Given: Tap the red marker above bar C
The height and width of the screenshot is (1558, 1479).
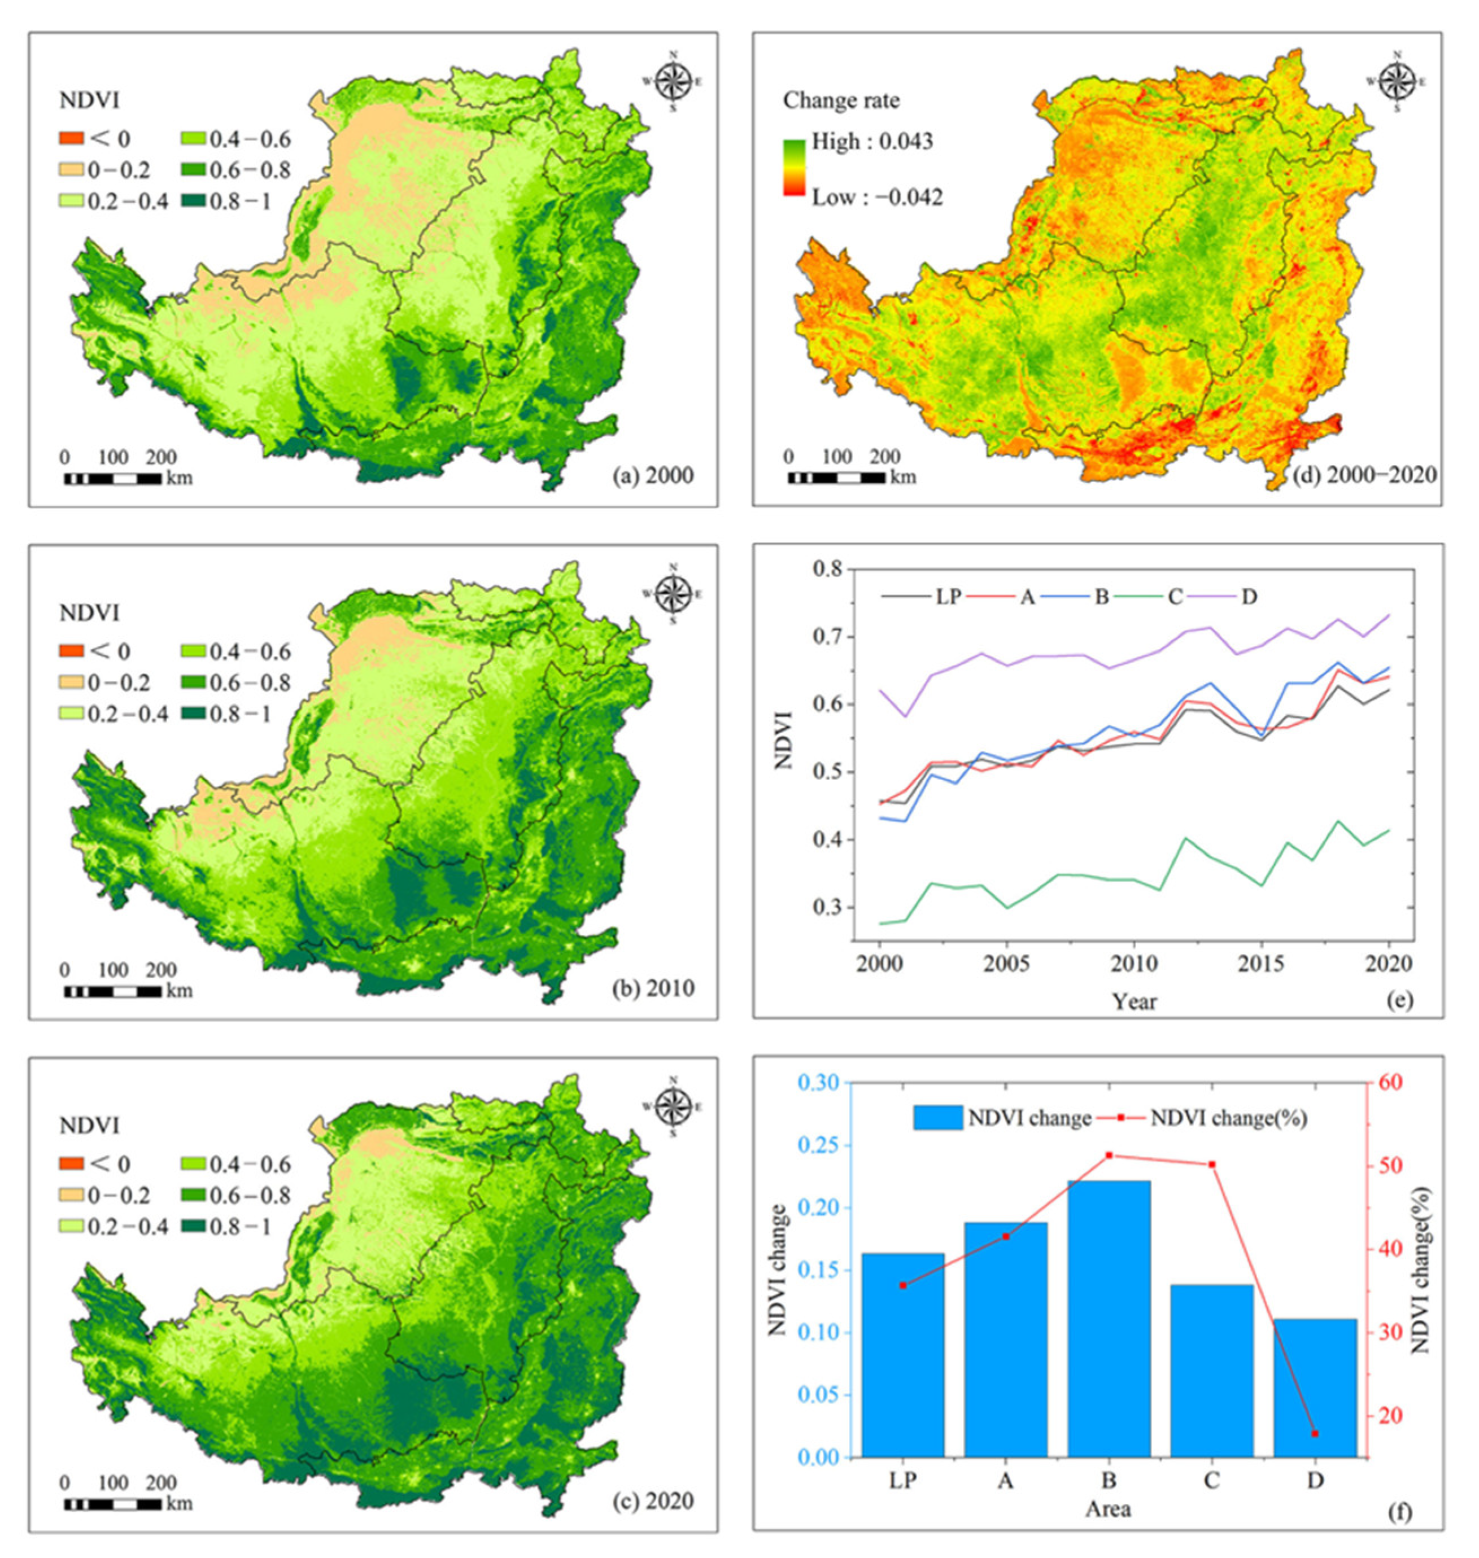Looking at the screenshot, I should [x=1212, y=1165].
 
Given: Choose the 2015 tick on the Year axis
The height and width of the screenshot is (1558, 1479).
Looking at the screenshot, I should [x=1262, y=963].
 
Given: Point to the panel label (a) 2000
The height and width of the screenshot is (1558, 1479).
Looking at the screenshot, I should [x=653, y=476].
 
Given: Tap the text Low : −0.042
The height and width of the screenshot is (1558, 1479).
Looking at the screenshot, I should [x=876, y=197].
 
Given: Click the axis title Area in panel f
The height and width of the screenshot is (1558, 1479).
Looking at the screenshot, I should [x=1107, y=1509].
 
